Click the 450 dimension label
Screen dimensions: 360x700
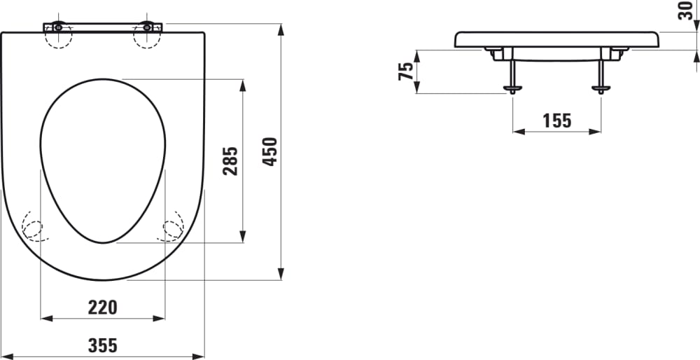pos(270,151)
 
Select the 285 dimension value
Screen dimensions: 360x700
pos(232,161)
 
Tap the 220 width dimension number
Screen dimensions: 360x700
pos(102,306)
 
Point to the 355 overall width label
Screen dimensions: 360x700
pos(102,345)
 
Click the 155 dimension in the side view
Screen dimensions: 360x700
pos(557,120)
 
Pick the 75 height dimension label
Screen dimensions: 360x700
pos(405,71)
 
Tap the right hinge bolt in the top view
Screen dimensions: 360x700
pos(147,27)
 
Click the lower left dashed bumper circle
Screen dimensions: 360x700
pos(32,226)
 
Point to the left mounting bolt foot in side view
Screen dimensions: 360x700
pos(513,89)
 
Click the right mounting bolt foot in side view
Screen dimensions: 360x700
pos(601,89)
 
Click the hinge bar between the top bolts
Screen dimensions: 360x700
pos(102,27)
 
